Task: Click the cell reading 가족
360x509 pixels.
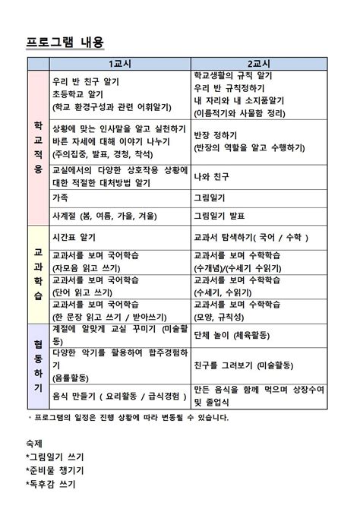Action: [60, 197]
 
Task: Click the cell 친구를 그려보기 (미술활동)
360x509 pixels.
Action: [243, 365]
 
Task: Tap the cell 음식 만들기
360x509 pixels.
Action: [118, 395]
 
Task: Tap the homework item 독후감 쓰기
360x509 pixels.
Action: [50, 483]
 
